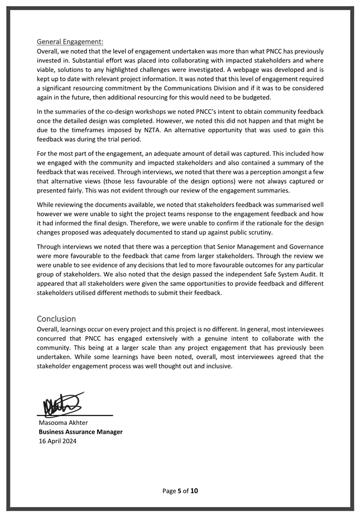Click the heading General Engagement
[70, 41]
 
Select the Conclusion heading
[56, 319]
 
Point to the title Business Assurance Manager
[80, 432]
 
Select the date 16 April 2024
[57, 441]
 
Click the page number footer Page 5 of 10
[180, 491]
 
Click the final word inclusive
[216, 366]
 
